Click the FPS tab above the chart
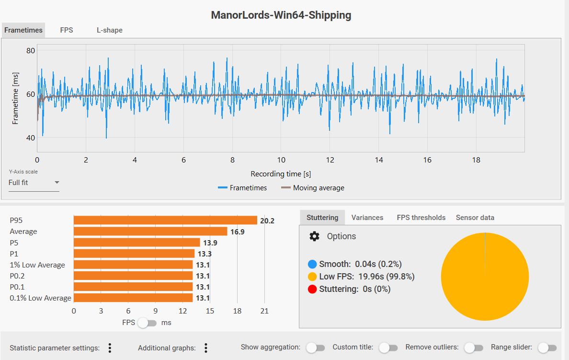(x=67, y=30)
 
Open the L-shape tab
(x=110, y=30)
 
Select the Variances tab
(x=367, y=218)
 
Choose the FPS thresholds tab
(x=421, y=218)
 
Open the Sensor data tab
(x=475, y=218)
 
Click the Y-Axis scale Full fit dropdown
(x=34, y=183)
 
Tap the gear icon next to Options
(x=314, y=236)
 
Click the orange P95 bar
(x=165, y=220)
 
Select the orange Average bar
(x=150, y=232)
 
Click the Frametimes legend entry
(x=242, y=188)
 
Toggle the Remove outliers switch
(x=473, y=348)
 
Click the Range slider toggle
(x=547, y=348)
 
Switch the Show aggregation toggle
(x=315, y=348)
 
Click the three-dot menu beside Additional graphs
(x=206, y=348)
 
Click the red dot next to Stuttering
(x=312, y=289)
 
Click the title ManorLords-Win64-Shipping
(x=281, y=15)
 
